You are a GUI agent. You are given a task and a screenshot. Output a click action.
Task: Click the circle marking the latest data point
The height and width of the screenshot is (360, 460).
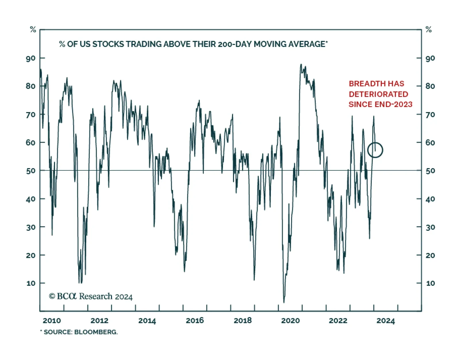375,150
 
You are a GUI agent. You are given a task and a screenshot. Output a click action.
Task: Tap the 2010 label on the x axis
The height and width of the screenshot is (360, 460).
52,321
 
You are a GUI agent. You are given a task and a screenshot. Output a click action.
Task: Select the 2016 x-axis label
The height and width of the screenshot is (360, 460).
195,321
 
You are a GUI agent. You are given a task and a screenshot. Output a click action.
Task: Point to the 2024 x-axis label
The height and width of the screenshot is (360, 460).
386,321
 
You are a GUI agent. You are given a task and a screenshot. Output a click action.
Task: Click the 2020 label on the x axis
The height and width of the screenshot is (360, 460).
290,321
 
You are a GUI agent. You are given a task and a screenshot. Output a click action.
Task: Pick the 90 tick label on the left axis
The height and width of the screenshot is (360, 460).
31,59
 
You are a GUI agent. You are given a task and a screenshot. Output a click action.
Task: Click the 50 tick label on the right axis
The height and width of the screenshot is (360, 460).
430,171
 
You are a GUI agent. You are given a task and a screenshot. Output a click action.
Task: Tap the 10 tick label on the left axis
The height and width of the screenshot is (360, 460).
31,283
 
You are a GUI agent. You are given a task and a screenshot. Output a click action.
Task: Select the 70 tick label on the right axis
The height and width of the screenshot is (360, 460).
430,115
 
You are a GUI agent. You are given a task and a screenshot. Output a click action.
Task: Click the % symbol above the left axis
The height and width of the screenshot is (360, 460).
33,29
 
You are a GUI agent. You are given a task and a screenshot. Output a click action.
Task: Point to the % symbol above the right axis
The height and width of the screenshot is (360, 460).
428,29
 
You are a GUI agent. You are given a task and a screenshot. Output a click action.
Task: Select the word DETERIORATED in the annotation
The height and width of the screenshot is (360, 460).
378,94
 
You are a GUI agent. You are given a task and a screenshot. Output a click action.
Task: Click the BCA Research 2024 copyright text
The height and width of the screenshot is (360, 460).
91,296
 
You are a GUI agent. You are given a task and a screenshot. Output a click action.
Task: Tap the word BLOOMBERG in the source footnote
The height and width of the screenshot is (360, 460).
96,332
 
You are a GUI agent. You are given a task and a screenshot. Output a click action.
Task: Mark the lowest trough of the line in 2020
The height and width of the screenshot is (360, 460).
284,302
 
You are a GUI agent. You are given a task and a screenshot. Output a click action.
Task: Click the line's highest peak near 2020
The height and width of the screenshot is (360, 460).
301,64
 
